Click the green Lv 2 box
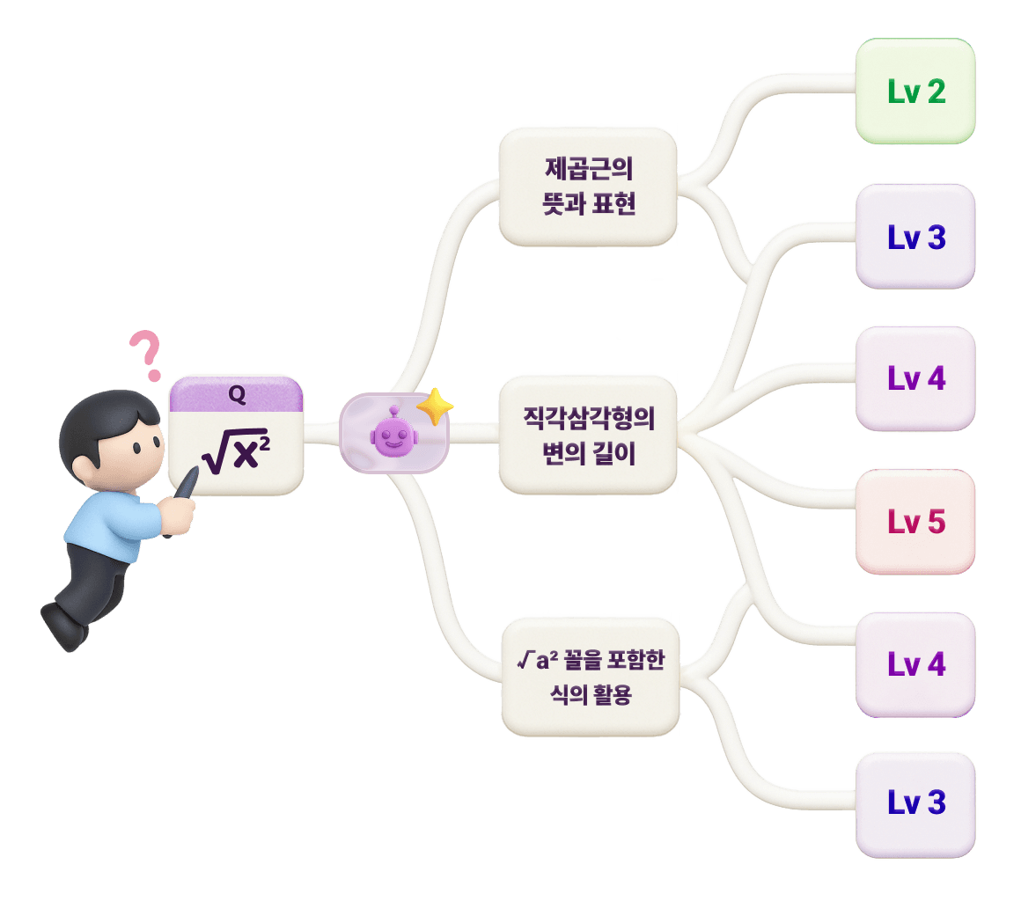[x=915, y=92]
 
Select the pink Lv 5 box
[x=915, y=521]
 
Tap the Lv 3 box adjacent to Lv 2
[x=915, y=236]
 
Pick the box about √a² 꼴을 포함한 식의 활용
[x=590, y=676]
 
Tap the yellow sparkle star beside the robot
[x=434, y=407]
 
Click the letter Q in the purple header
[x=237, y=395]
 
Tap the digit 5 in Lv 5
[x=936, y=521]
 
